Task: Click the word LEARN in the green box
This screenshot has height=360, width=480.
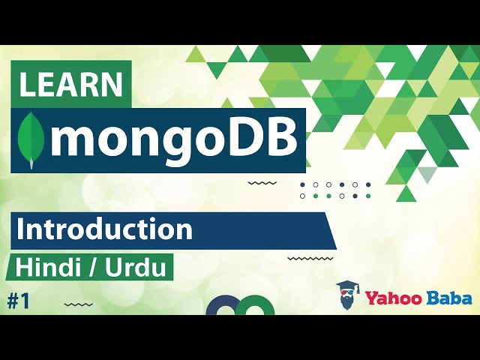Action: click(x=71, y=85)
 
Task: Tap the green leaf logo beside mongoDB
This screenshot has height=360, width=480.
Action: click(x=32, y=139)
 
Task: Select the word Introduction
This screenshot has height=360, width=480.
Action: click(x=104, y=229)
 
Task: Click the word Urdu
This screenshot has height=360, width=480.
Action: click(x=138, y=267)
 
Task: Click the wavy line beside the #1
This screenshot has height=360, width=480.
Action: click(x=79, y=304)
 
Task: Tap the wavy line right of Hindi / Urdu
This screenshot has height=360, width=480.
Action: click(x=310, y=258)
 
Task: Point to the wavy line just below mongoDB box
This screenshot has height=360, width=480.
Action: click(x=262, y=182)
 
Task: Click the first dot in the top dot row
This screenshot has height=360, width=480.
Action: click(x=302, y=184)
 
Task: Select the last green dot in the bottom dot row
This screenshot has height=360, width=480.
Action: click(x=328, y=196)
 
